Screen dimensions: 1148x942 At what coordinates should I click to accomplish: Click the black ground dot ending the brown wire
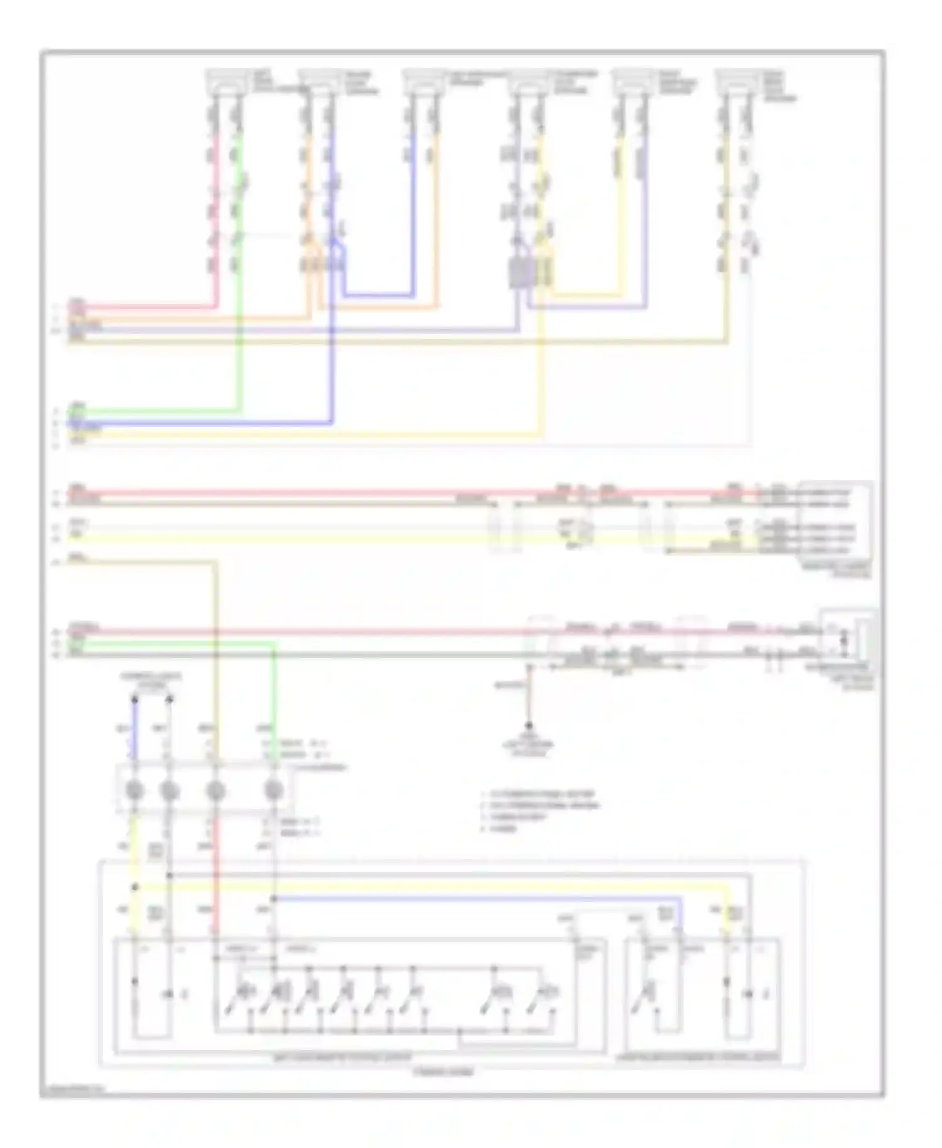click(529, 725)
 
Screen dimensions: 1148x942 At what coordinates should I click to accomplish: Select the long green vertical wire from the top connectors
click(239, 314)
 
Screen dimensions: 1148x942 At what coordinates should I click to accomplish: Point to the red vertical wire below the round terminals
click(215, 879)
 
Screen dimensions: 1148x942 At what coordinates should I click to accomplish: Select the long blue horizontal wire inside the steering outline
click(477, 899)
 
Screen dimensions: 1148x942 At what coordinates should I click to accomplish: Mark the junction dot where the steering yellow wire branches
click(134, 887)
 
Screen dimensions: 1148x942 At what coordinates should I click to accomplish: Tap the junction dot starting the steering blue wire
click(274, 899)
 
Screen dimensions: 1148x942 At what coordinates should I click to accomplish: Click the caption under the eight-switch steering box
click(342, 1057)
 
